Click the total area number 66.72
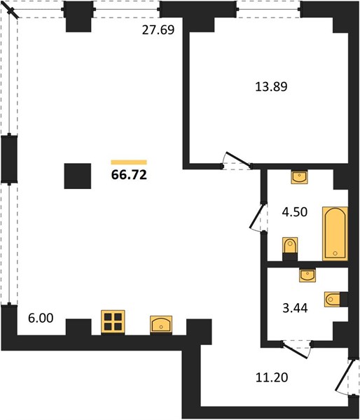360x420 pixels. pyautogui.click(x=129, y=175)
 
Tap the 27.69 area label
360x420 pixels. pyautogui.click(x=158, y=29)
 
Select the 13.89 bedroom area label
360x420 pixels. pyautogui.click(x=271, y=87)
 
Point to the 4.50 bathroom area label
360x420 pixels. pyautogui.click(x=295, y=212)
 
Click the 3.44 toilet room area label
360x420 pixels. pyautogui.click(x=295, y=308)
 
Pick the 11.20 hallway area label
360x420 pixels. pyautogui.click(x=272, y=377)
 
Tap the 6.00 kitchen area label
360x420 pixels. pyautogui.click(x=41, y=318)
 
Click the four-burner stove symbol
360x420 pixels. pyautogui.click(x=113, y=322)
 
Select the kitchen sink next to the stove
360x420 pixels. pyautogui.click(x=161, y=324)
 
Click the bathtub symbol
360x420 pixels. pyautogui.click(x=335, y=233)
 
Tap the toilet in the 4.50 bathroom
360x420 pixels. pyautogui.click(x=290, y=248)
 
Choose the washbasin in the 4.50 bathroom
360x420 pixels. pyautogui.click(x=300, y=177)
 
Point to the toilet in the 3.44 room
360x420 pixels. pyautogui.click(x=335, y=299)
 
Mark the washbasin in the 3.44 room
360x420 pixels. pyautogui.click(x=307, y=275)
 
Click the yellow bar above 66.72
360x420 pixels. pyautogui.click(x=129, y=162)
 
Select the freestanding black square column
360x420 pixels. pyautogui.click(x=78, y=176)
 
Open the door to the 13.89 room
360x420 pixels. pyautogui.click(x=237, y=159)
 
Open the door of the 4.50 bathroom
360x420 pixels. pyautogui.click(x=256, y=216)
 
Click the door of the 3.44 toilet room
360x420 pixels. pyautogui.click(x=296, y=351)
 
